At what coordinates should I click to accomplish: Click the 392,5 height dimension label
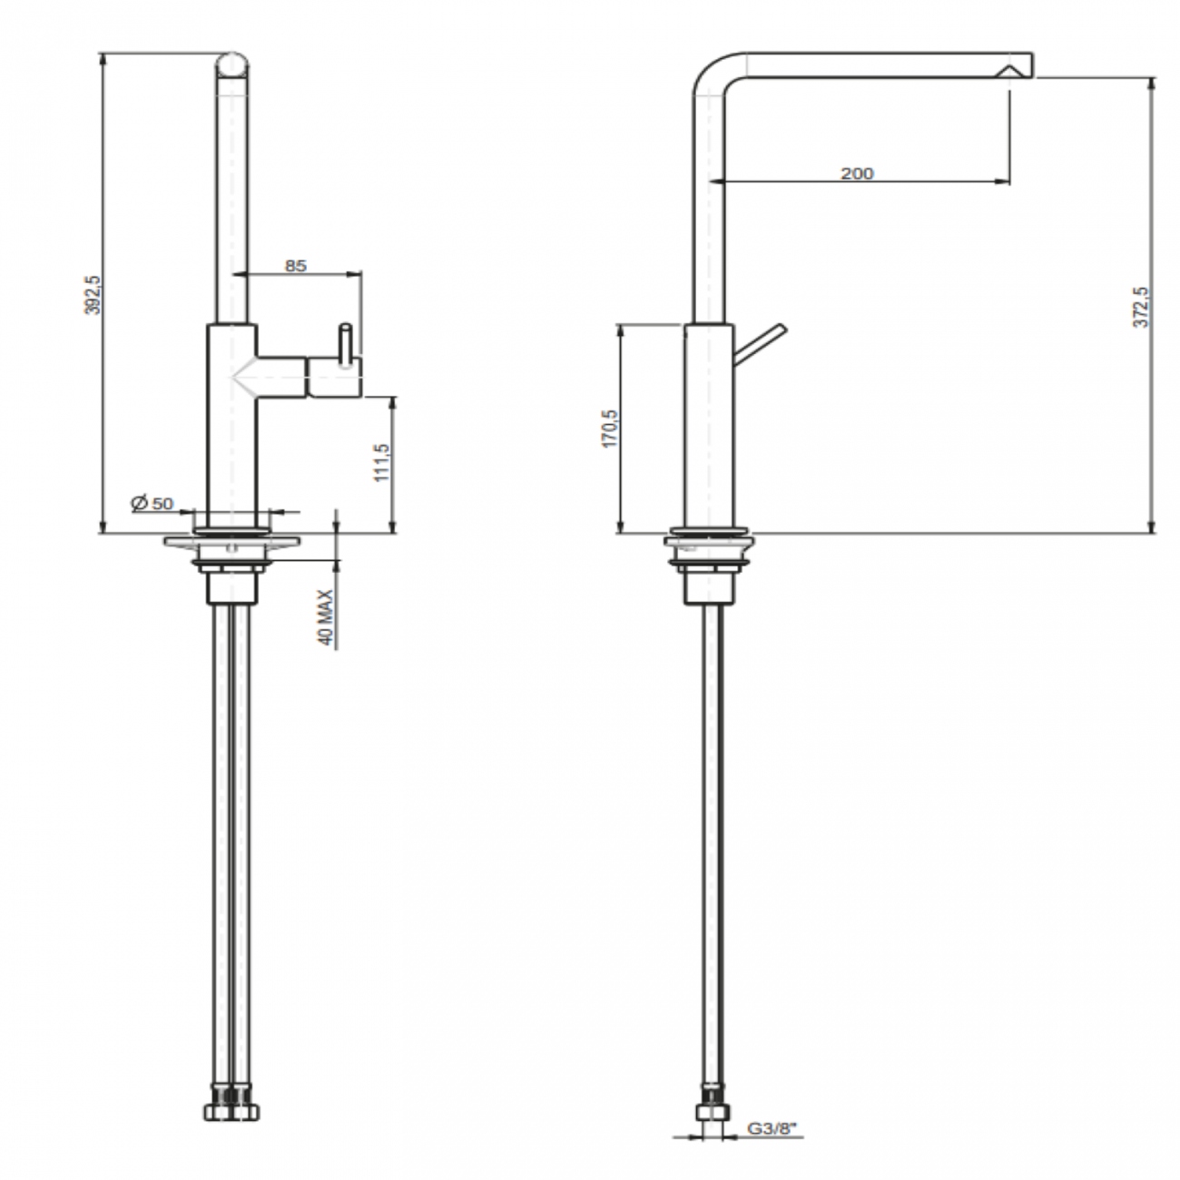pyautogui.click(x=92, y=295)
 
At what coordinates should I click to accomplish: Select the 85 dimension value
pyautogui.click(x=296, y=266)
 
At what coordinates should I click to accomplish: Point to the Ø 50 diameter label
pyautogui.click(x=152, y=503)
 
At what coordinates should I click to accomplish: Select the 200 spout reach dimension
pyautogui.click(x=856, y=173)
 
